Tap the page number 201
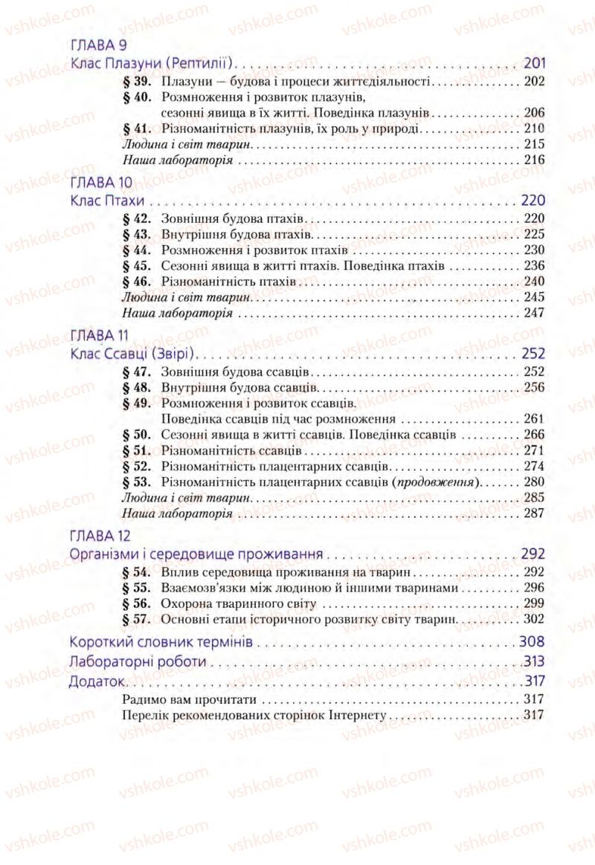[534, 63]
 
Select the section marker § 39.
[136, 81]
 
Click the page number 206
[534, 113]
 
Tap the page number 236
[534, 266]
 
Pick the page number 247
[534, 313]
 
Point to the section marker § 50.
[136, 435]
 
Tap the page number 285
[534, 498]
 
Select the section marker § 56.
[136, 603]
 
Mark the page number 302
[534, 618]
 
